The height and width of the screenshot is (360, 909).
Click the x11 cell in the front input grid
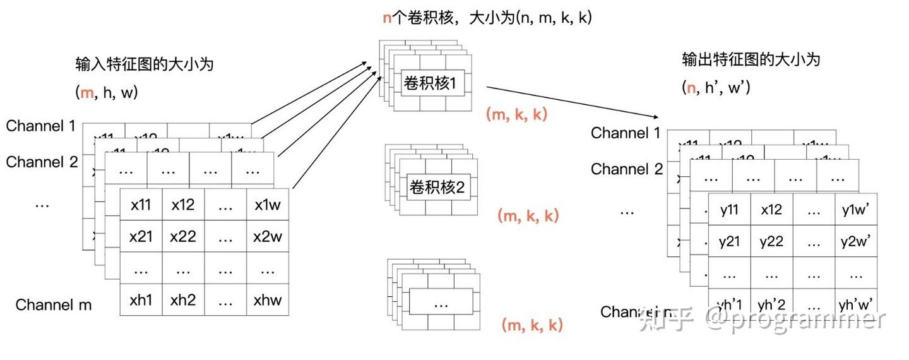pyautogui.click(x=141, y=205)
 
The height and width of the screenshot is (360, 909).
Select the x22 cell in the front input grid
pyautogui.click(x=183, y=237)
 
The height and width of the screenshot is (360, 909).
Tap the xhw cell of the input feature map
pyautogui.click(x=268, y=301)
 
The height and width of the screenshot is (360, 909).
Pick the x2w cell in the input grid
pyautogui.click(x=268, y=237)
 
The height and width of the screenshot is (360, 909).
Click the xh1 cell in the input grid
pyautogui.click(x=141, y=301)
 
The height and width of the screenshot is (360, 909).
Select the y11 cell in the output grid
pyautogui.click(x=730, y=210)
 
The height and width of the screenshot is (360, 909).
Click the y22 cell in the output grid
pyautogui.click(x=771, y=241)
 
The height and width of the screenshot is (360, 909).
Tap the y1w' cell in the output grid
pyautogui.click(x=856, y=210)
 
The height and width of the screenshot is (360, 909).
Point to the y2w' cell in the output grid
pyautogui.click(x=856, y=241)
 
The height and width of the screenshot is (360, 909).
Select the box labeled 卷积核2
pyautogui.click(x=437, y=188)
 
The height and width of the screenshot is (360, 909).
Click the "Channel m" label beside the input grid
pyautogui.click(x=54, y=305)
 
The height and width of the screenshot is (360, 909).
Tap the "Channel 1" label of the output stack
pyautogui.click(x=626, y=133)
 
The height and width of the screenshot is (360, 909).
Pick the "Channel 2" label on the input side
pyautogui.click(x=42, y=162)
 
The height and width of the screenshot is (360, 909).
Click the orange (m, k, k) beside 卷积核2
pyautogui.click(x=528, y=216)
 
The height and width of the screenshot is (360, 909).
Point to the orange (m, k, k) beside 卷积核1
pyautogui.click(x=516, y=114)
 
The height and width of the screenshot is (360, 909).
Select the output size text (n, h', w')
pyautogui.click(x=716, y=88)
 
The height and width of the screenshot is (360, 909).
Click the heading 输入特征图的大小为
pyautogui.click(x=145, y=64)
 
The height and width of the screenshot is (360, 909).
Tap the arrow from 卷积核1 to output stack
pyautogui.click(x=571, y=102)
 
